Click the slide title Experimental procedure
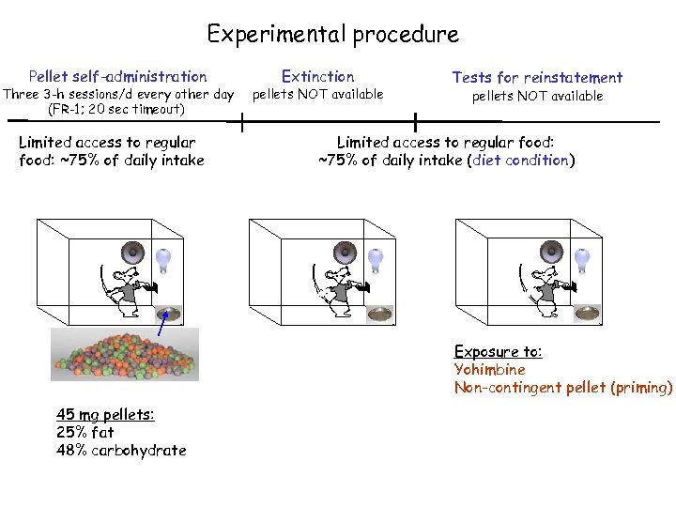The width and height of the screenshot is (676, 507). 332,36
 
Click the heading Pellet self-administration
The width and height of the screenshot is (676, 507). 117,77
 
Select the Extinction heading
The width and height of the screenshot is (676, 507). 318,77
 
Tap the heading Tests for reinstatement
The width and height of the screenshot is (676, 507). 537,78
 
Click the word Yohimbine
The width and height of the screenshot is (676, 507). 489,369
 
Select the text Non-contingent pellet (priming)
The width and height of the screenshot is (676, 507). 563,387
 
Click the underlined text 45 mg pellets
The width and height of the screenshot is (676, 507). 105,414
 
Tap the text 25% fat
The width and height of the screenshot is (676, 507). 84,432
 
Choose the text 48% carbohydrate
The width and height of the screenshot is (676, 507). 121,451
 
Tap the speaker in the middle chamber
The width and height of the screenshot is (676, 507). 345,252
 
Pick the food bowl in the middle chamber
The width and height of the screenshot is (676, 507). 380,315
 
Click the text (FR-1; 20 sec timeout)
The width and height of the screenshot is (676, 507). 116,110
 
